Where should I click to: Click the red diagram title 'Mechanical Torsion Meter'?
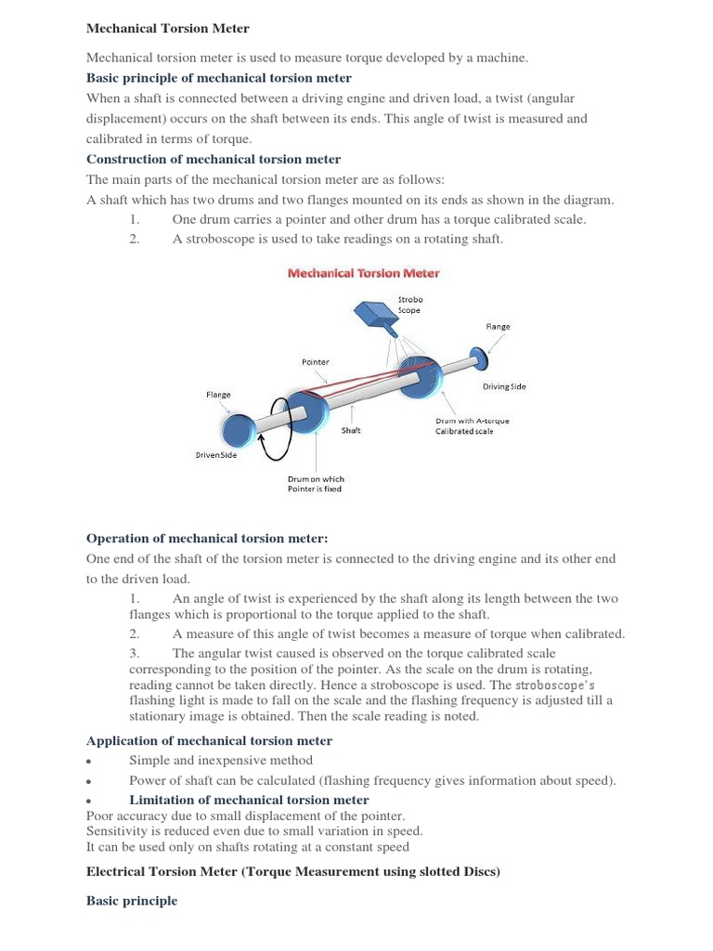[x=363, y=273]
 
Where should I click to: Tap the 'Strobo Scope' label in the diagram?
[x=409, y=305]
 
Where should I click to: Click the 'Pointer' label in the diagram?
[x=315, y=362]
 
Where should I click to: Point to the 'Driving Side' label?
[x=504, y=386]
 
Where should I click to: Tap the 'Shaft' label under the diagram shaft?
[x=351, y=431]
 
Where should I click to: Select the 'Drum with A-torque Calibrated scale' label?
[x=473, y=426]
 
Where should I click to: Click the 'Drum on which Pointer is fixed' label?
[x=316, y=485]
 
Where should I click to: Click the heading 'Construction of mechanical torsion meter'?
[x=213, y=160]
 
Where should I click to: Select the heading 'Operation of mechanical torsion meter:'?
[x=207, y=539]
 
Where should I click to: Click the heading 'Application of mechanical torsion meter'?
[x=209, y=740]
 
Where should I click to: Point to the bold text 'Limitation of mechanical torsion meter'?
[x=249, y=800]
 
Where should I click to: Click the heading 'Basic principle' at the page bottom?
[x=131, y=901]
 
